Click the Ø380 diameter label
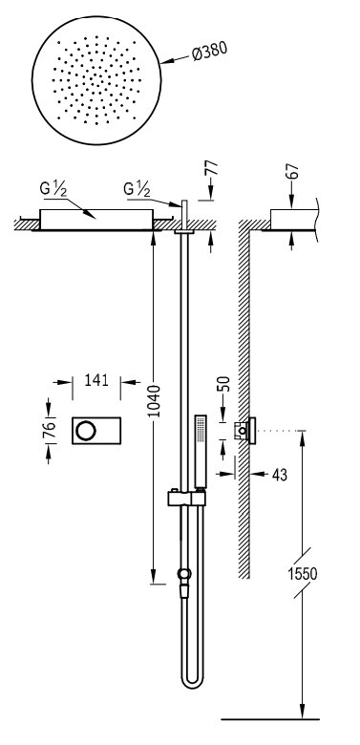pos(209,52)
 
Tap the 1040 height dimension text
pos(154,401)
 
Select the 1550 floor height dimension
pos(303,573)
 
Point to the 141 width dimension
pos(96,380)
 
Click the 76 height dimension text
pos(49,429)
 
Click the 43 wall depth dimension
pos(279,475)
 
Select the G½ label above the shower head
pos(53,188)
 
